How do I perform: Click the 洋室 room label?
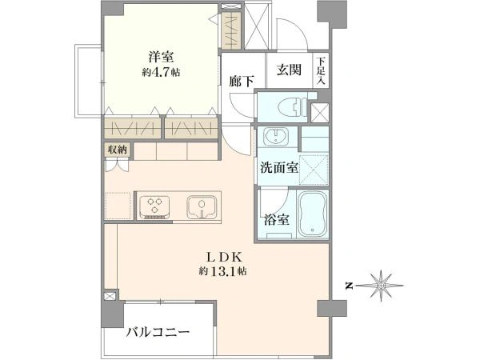pyautogui.click(x=161, y=58)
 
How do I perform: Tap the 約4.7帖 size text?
pyautogui.click(x=161, y=73)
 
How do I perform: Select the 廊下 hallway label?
pyautogui.click(x=242, y=81)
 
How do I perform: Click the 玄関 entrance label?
pyautogui.click(x=290, y=70)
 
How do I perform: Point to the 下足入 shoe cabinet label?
pyautogui.click(x=321, y=70)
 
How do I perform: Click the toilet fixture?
pyautogui.click(x=292, y=107)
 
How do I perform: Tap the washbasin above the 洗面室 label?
pyautogui.click(x=277, y=136)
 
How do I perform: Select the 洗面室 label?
pyautogui.click(x=279, y=167)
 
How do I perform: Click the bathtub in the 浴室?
pyautogui.click(x=312, y=214)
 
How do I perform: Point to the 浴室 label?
pyautogui.click(x=277, y=219)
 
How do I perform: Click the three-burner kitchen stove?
pyautogui.click(x=154, y=207)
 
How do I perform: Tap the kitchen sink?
pyautogui.click(x=202, y=206)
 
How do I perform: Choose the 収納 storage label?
pyautogui.click(x=117, y=150)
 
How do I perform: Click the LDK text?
pyautogui.click(x=224, y=257)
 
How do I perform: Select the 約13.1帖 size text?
pyautogui.click(x=223, y=271)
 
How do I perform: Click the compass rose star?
pyautogui.click(x=382, y=286)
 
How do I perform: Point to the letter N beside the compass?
pyautogui.click(x=349, y=286)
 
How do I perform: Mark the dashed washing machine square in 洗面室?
pyautogui.click(x=313, y=170)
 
